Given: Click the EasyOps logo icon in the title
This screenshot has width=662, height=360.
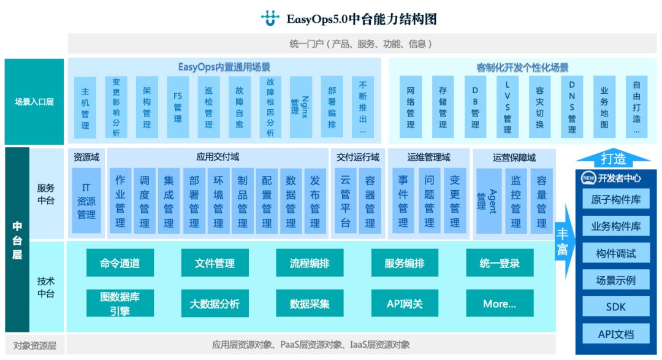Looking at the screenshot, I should (270, 18).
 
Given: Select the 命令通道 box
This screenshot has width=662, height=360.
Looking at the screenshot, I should (120, 263).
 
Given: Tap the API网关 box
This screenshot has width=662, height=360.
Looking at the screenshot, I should (405, 304).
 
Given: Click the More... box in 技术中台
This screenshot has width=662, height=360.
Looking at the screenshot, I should (500, 304).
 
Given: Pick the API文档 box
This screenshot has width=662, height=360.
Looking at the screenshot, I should (615, 334).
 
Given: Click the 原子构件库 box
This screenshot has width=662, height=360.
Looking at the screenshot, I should (615, 199).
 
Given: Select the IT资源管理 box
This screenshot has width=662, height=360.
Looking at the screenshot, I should (86, 200).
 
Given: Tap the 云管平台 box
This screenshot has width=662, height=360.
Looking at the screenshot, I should (346, 200).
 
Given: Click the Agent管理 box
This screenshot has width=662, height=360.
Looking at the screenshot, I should (489, 200).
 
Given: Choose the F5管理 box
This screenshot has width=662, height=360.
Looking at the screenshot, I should (178, 107).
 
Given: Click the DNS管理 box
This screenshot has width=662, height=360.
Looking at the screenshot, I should (572, 107).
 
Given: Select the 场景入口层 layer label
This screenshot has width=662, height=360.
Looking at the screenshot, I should (34, 102).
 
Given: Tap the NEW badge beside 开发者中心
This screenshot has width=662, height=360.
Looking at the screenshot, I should (589, 178).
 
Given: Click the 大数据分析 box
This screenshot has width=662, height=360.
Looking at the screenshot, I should (215, 304).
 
